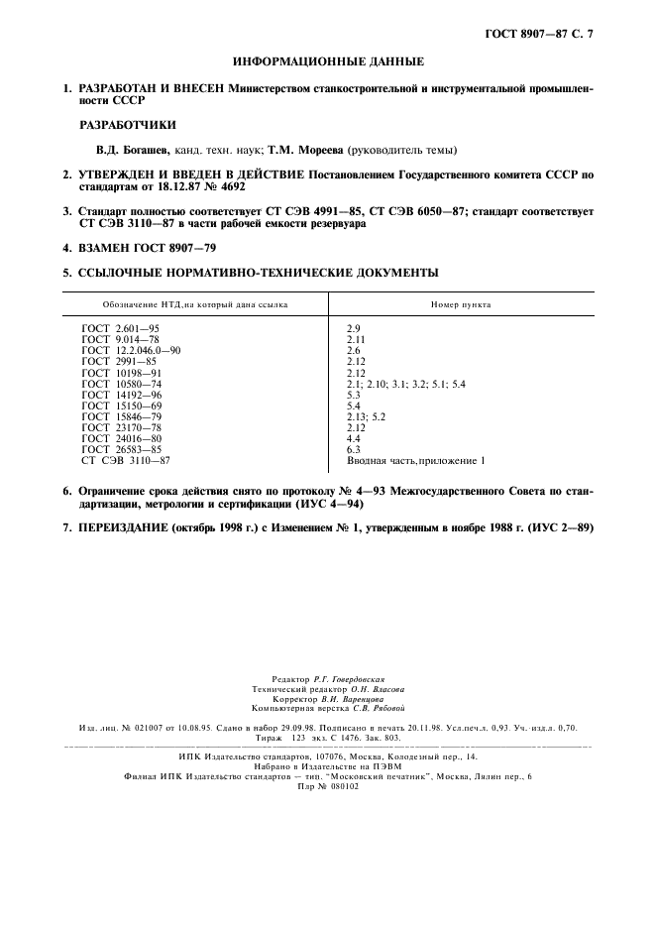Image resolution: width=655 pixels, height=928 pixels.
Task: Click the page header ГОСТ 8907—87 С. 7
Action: [x=544, y=37]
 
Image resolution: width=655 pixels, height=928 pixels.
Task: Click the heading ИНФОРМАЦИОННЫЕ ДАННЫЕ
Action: [x=328, y=61]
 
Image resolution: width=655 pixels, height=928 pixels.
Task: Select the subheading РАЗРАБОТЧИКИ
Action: [x=128, y=125]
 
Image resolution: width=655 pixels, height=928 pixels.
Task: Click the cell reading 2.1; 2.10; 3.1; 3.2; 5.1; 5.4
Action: [x=405, y=384]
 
